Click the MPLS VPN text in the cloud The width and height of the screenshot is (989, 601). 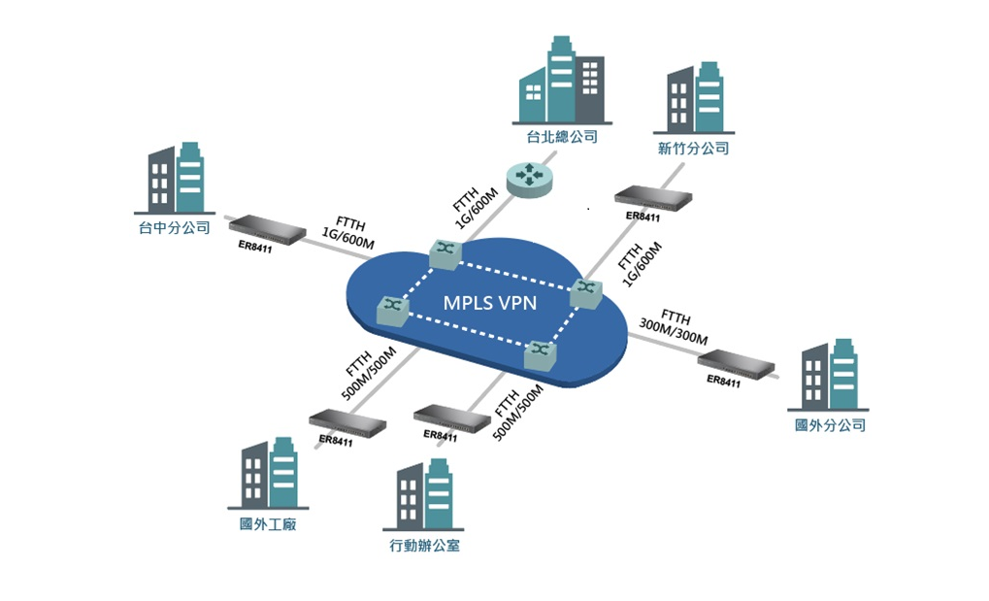click(x=490, y=303)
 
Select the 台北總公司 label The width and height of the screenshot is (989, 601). click(x=562, y=136)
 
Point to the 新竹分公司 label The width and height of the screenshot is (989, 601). click(x=693, y=149)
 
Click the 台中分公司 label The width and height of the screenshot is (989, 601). click(x=174, y=227)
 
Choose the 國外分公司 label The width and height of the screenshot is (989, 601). click(x=830, y=425)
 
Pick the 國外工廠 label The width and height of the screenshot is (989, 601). click(x=268, y=524)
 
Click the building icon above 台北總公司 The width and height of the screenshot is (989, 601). click(x=562, y=80)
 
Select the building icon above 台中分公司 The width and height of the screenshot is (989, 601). click(x=175, y=178)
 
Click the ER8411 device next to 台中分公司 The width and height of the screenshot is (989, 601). click(x=258, y=229)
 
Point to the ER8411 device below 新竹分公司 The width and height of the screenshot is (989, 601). click(x=653, y=198)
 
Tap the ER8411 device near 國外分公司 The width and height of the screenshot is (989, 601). click(x=736, y=364)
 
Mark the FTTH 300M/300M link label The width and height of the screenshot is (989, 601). click(x=675, y=327)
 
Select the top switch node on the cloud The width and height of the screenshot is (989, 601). click(x=445, y=254)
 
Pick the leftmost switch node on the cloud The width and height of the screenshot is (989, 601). click(x=393, y=311)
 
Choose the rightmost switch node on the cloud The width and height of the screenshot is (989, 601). click(x=586, y=293)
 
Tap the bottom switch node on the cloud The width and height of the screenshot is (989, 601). click(x=541, y=354)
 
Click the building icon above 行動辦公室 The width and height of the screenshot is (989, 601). click(x=423, y=494)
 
